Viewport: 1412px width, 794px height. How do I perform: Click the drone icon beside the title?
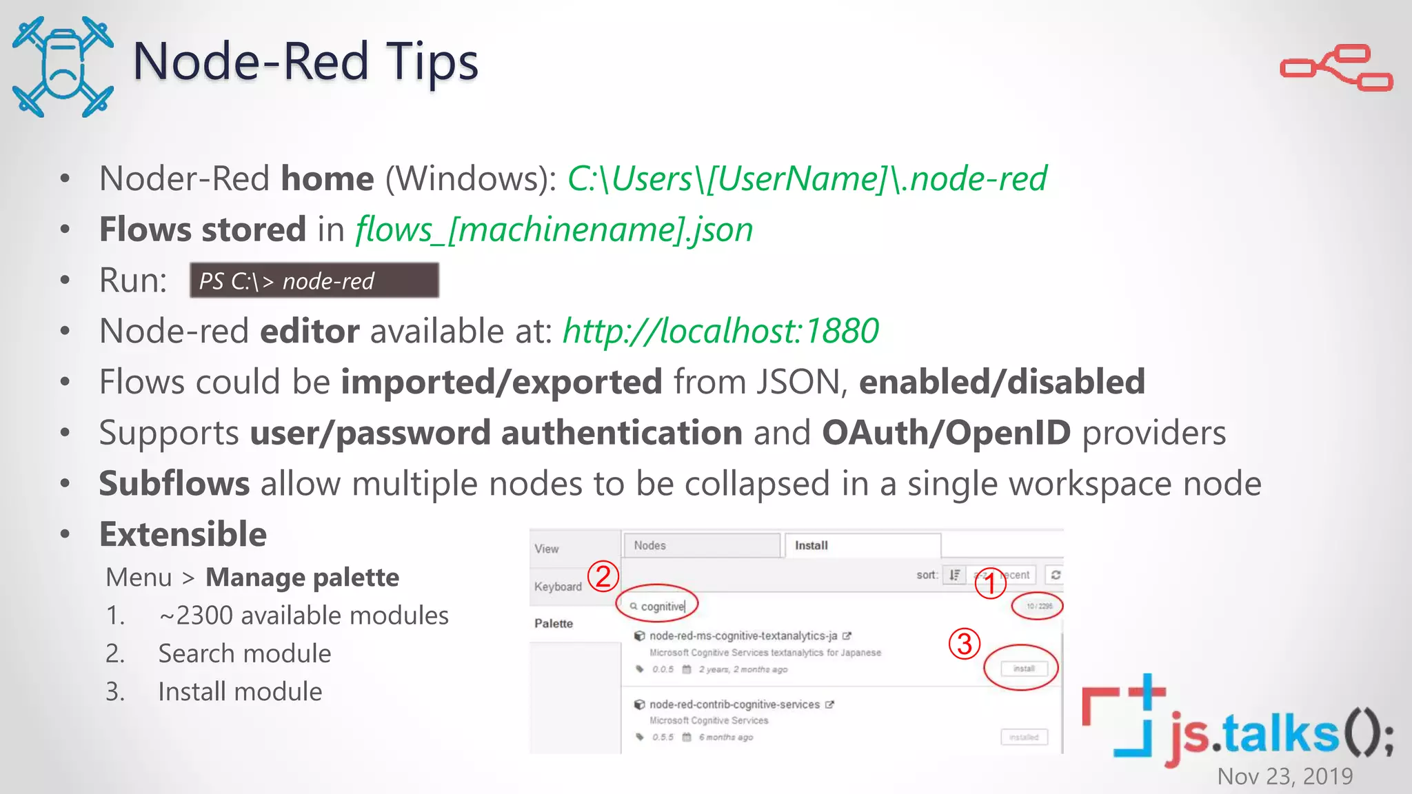tap(63, 67)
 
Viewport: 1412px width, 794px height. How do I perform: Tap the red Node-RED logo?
tap(1336, 68)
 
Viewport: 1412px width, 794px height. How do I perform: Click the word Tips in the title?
tap(432, 61)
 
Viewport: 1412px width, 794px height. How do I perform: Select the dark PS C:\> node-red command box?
tap(314, 281)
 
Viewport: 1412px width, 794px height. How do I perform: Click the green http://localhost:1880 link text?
tap(720, 331)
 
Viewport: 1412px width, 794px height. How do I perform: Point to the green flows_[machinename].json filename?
tap(554, 230)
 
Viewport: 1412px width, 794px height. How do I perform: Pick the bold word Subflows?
tap(174, 483)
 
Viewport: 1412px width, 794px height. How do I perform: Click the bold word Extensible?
tap(183, 534)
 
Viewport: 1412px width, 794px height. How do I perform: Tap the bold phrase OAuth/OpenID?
tap(946, 433)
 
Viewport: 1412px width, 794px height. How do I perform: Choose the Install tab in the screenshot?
tap(811, 545)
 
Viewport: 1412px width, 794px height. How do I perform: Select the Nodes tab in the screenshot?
tap(650, 545)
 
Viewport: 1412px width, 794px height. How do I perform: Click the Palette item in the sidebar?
tap(554, 623)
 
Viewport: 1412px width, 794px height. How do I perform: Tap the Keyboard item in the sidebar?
tap(558, 587)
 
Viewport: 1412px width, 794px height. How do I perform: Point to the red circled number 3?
tap(965, 644)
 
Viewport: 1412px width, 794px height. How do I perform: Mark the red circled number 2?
tap(603, 576)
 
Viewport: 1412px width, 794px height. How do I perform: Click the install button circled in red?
tap(1024, 669)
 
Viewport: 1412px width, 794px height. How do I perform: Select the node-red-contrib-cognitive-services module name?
tap(734, 704)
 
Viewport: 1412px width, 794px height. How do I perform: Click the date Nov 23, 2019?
tap(1285, 776)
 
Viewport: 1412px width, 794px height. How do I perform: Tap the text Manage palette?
tap(302, 578)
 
